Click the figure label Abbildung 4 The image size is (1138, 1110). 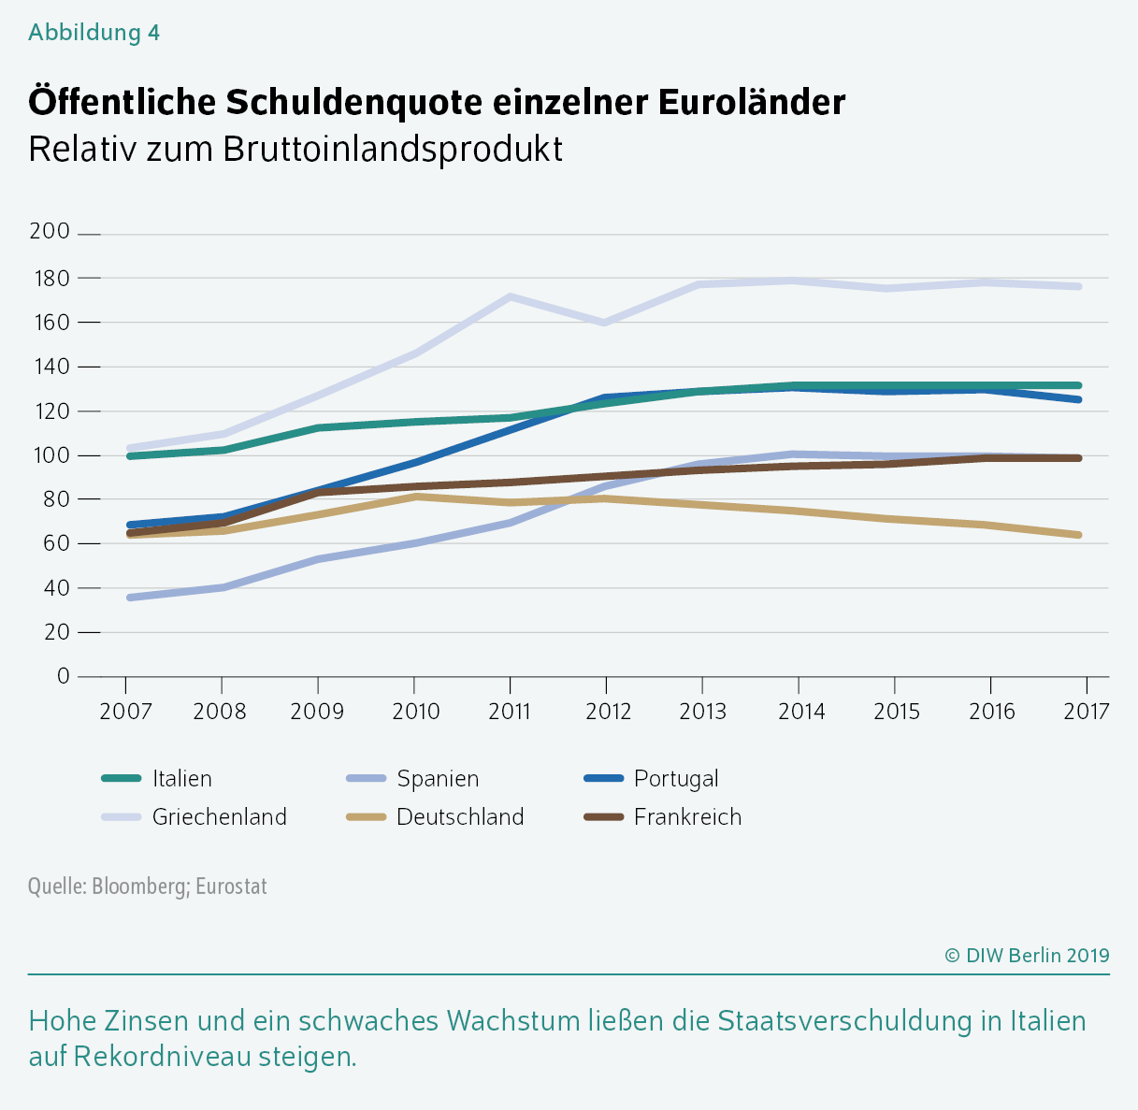pyautogui.click(x=94, y=33)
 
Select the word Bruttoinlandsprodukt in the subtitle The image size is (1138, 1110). pyautogui.click(x=393, y=150)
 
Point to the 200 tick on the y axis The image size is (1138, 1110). pyautogui.click(x=50, y=232)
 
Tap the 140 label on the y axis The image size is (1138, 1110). pyautogui.click(x=50, y=367)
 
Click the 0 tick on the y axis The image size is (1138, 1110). pyautogui.click(x=64, y=676)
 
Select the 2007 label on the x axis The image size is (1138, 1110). pyautogui.click(x=126, y=712)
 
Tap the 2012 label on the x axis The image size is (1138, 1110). pyautogui.click(x=608, y=712)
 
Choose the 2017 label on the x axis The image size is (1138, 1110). pyautogui.click(x=1087, y=712)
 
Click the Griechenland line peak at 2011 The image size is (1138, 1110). pyautogui.click(x=510, y=296)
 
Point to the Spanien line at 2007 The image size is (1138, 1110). pyautogui.click(x=128, y=597)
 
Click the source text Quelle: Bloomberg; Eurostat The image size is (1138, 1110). pyautogui.click(x=148, y=886)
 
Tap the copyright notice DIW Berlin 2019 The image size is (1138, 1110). pyautogui.click(x=1027, y=955)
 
